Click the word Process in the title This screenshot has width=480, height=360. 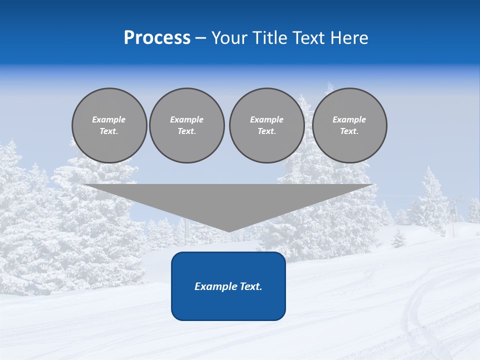pos(157,38)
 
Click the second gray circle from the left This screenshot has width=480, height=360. pos(187,147)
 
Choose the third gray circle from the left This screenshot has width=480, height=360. pos(267,147)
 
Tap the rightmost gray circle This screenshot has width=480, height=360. pos(349,147)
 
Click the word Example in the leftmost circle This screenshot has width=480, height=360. pos(108,119)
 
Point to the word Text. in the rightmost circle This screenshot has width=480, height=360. pos(349,131)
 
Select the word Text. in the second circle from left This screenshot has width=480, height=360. pos(187,131)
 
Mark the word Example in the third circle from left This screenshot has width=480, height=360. pos(266,119)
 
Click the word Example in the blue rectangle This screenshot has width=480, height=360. pos(214,286)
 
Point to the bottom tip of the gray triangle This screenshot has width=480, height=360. pos(229,231)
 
